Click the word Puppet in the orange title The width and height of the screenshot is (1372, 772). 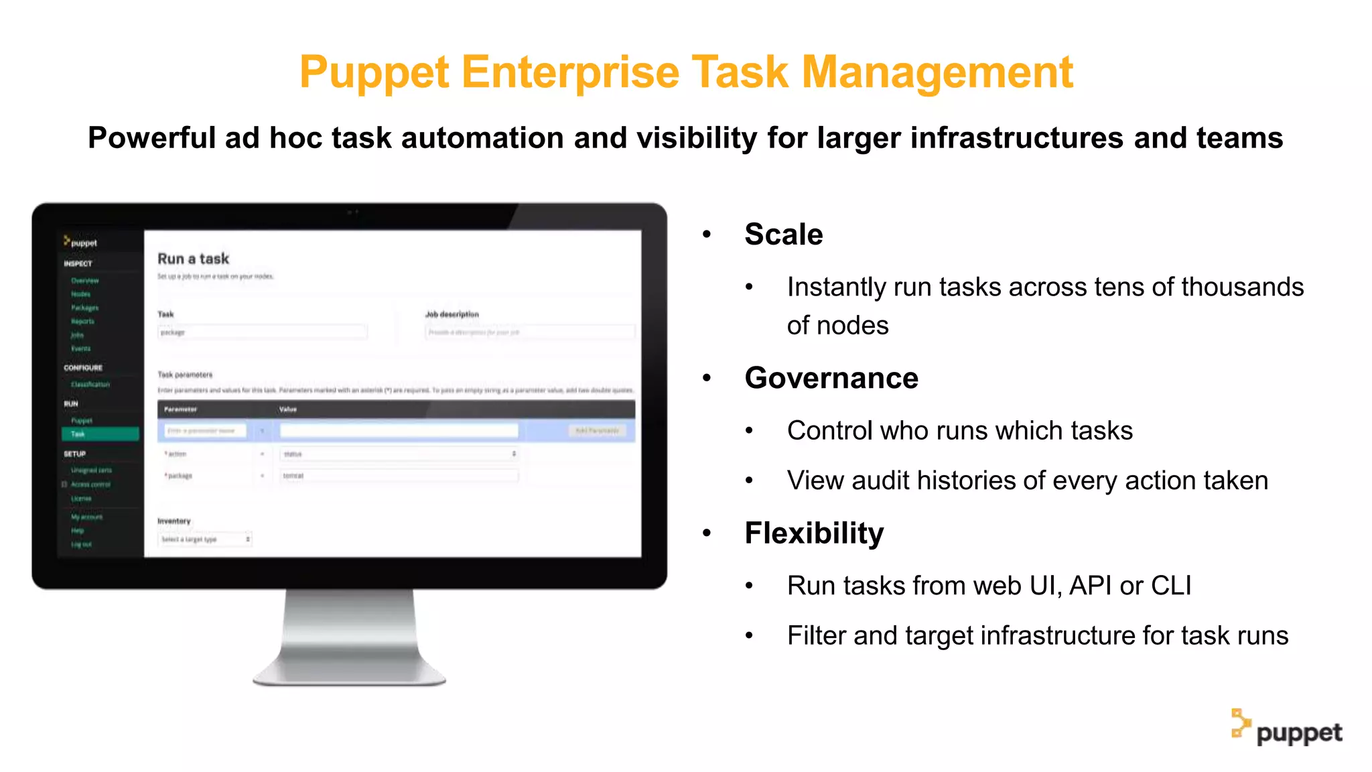click(374, 72)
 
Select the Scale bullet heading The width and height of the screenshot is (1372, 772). click(783, 235)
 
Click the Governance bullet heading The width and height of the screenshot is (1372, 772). click(831, 379)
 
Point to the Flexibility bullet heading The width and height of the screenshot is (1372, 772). click(814, 533)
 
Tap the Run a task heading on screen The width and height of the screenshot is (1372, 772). click(193, 259)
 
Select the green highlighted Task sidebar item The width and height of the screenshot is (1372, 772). click(100, 434)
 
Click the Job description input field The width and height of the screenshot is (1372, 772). click(529, 332)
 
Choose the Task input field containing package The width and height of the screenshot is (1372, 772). click(262, 332)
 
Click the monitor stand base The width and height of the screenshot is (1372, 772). click(349, 673)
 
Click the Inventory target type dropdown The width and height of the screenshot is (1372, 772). click(205, 539)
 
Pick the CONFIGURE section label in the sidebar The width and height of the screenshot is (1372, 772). click(83, 368)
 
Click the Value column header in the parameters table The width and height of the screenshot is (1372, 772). click(288, 409)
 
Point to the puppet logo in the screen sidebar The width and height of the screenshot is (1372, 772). click(80, 242)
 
